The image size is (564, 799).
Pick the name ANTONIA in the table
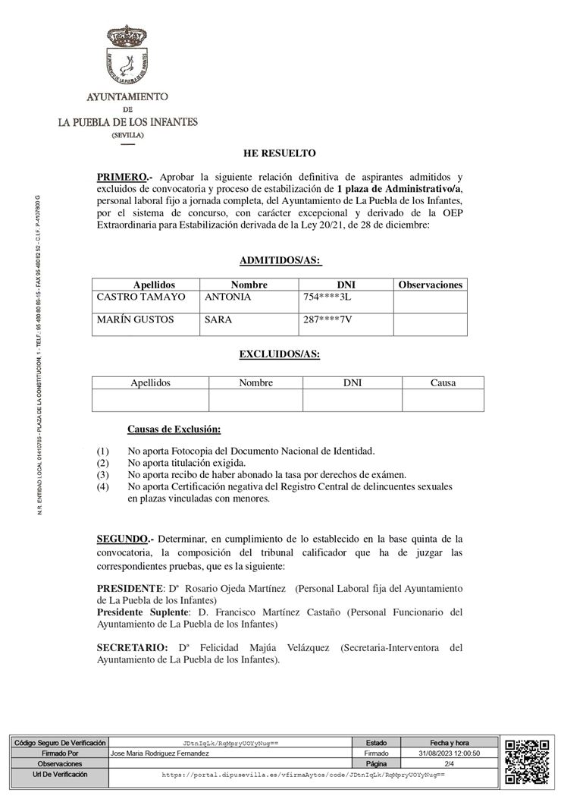[228, 297]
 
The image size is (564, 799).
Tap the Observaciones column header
[430, 285]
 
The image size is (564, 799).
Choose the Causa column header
[443, 383]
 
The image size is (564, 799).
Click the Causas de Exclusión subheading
[174, 429]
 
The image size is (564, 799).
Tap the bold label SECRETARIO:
[132, 647]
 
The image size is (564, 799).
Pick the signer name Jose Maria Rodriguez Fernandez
[159, 753]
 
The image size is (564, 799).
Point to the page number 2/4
[449, 763]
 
